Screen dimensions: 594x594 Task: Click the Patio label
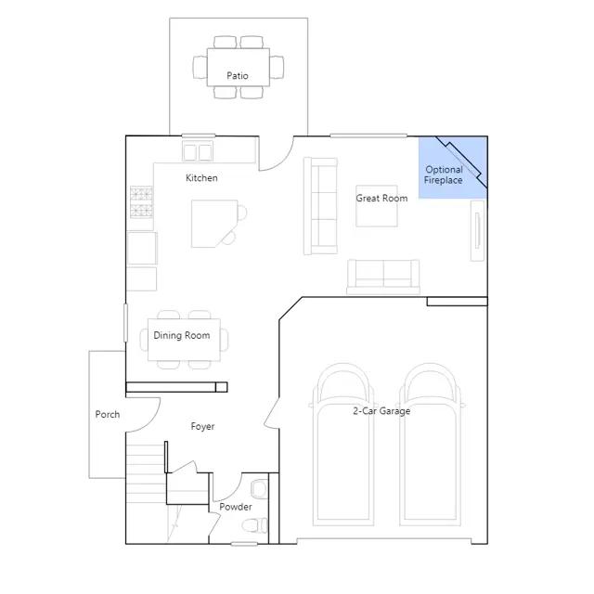pos(238,76)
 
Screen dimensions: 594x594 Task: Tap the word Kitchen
pos(201,178)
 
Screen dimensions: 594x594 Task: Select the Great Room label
pos(381,198)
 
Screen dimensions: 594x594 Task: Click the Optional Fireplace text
pos(444,175)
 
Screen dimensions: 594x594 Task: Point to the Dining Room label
pos(182,335)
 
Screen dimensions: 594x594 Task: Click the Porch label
pos(108,415)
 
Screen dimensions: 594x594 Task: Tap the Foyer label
pos(202,427)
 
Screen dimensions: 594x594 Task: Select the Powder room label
pos(236,507)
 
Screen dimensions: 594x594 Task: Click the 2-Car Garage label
pos(381,411)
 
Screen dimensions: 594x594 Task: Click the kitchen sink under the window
pos(198,151)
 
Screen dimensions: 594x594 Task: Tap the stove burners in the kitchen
pos(142,202)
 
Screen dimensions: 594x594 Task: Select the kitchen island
pos(214,224)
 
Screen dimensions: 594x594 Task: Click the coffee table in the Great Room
pos(377,206)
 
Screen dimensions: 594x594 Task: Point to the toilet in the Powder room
pos(254,525)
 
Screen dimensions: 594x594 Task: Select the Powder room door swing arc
pos(233,493)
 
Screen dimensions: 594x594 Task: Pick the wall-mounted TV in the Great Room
pos(477,231)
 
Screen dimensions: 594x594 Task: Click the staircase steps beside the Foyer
pos(146,474)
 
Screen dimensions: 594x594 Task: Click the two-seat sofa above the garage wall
pos(383,277)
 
